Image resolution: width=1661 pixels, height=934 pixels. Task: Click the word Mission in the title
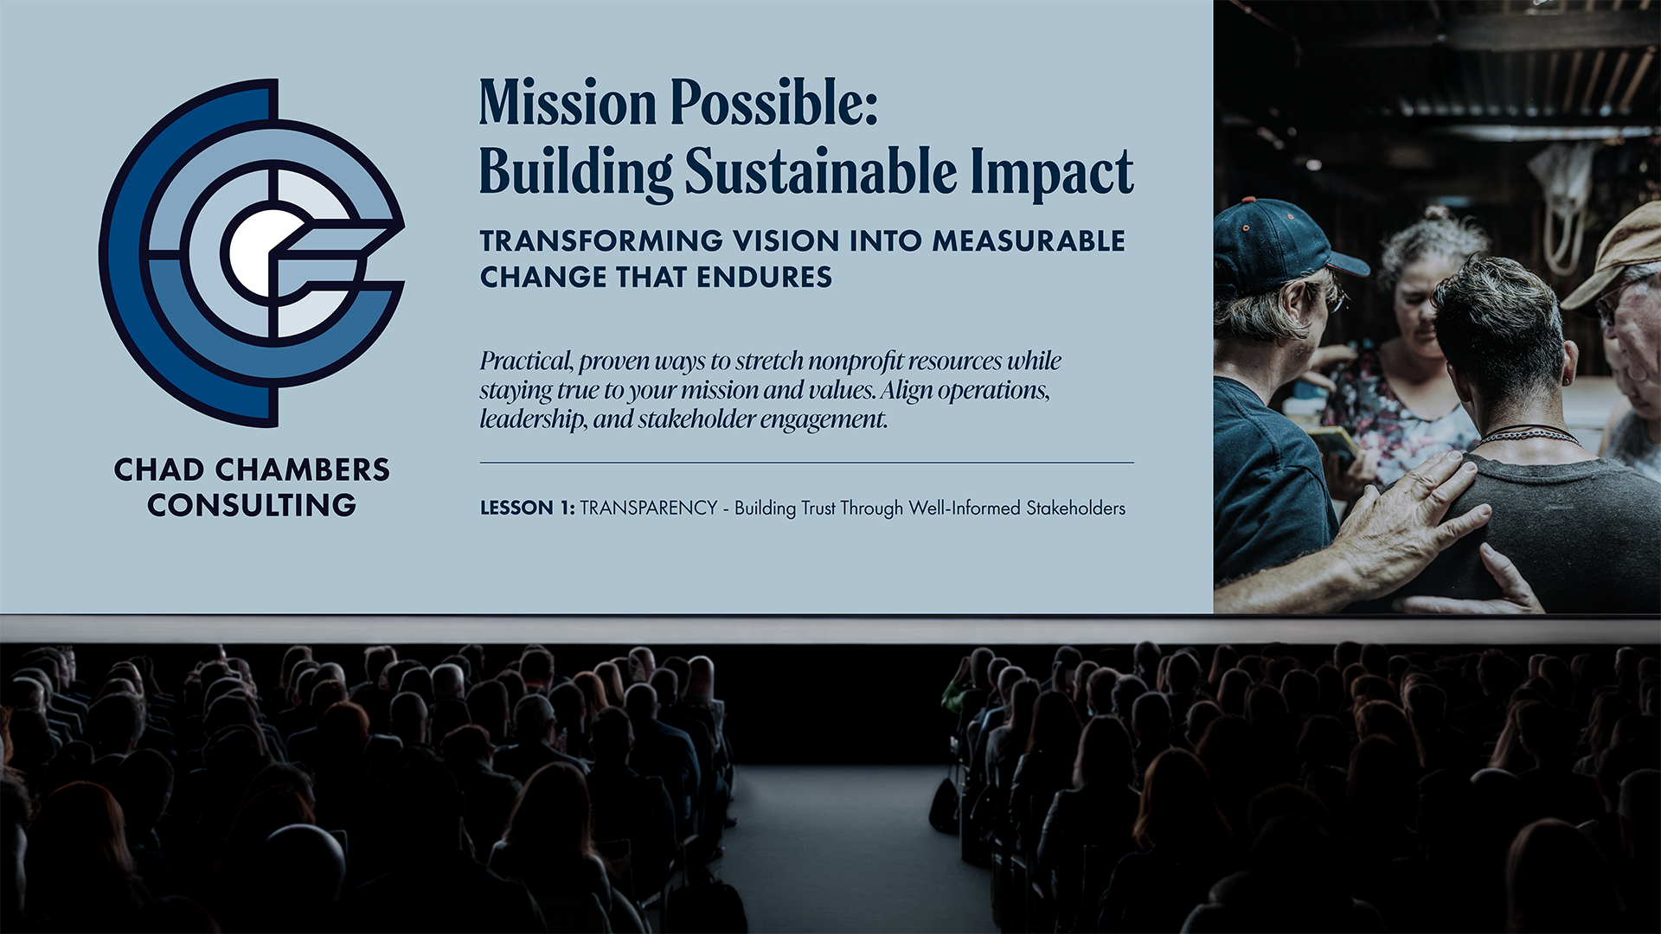568,104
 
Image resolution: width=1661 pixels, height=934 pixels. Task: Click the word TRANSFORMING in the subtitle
601,240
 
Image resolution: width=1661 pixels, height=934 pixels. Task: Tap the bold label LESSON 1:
527,508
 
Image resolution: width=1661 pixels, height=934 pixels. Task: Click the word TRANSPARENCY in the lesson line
649,508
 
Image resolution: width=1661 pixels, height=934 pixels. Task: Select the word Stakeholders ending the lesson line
1075,508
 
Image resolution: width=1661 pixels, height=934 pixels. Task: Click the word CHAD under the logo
159,470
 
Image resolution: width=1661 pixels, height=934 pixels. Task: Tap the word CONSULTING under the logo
252,505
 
